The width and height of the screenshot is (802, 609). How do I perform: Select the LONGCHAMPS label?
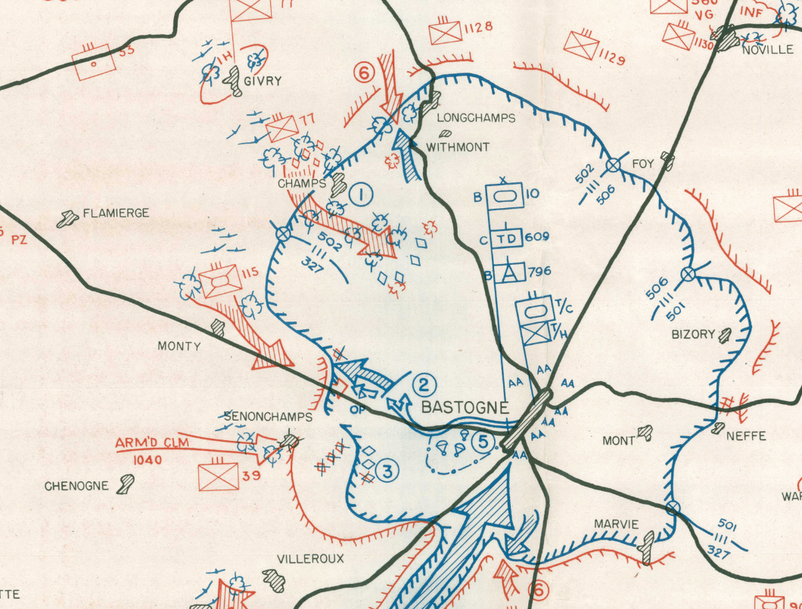coord(476,118)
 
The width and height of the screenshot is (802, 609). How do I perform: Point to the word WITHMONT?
coord(459,148)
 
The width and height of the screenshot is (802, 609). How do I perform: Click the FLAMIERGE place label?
coord(116,213)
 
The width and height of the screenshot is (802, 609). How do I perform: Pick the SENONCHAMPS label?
coord(257,417)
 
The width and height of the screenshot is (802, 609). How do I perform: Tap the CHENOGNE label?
coord(76,486)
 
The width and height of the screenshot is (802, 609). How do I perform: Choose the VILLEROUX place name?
coord(310,559)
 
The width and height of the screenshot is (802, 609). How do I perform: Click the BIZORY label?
coord(693,334)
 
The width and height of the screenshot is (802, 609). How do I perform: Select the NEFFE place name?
coord(746,436)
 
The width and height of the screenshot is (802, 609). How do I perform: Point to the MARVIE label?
coord(616,524)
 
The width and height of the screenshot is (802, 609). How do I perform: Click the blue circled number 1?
coord(362,196)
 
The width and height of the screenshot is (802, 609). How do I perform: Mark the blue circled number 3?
coord(386,472)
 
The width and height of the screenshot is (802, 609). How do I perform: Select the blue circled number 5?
coord(481,440)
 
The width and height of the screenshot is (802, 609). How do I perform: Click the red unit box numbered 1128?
coord(443,33)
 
